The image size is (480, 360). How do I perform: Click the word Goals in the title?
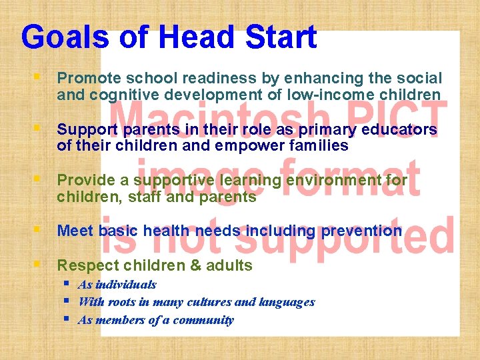click(x=65, y=38)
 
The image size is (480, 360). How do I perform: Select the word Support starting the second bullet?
click(x=85, y=129)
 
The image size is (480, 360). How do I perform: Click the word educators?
click(x=398, y=129)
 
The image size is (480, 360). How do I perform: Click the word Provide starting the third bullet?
click(x=83, y=180)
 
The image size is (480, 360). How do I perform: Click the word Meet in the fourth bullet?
click(x=75, y=231)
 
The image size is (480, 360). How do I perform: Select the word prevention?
click(x=361, y=231)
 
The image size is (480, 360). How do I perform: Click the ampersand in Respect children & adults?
click(x=195, y=265)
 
